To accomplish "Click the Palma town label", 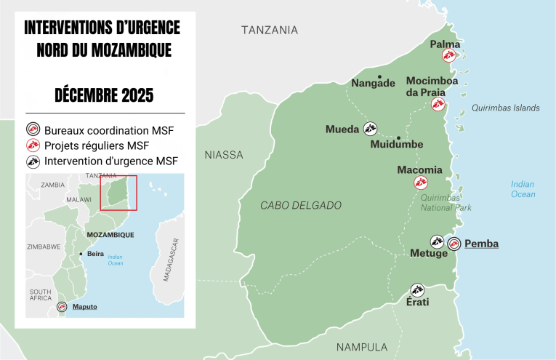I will [x=445, y=44].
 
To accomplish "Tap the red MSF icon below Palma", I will [x=451, y=57].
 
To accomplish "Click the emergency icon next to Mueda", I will [x=370, y=129].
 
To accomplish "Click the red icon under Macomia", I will [x=420, y=183].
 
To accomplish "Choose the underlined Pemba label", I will [x=481, y=244].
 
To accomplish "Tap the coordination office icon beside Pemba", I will [x=454, y=244].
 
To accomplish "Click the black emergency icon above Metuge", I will [x=437, y=241].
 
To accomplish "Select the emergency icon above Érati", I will [x=416, y=289].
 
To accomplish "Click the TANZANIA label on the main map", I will [x=269, y=30].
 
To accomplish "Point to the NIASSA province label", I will [x=224, y=155].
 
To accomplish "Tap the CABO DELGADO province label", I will [x=300, y=206].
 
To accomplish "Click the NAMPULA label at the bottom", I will [x=361, y=347].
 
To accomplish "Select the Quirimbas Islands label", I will [x=505, y=108].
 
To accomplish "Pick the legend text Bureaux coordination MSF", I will [x=108, y=131].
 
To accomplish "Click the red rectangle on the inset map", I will [x=118, y=192].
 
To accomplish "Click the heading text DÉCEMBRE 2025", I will [x=104, y=95].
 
